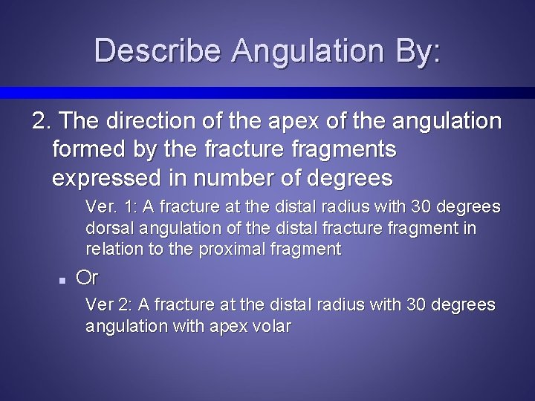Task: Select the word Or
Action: [88, 278]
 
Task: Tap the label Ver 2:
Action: [108, 304]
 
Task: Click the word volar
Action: [272, 326]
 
